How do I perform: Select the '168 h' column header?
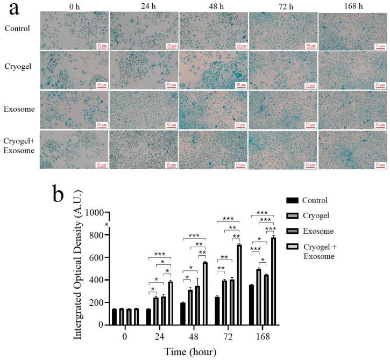(352, 7)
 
